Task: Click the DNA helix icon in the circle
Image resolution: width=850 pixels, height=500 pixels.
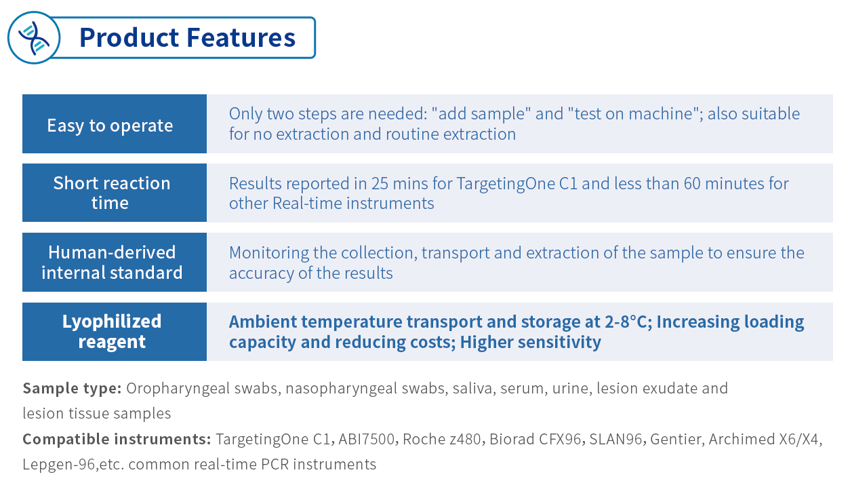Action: click(x=34, y=38)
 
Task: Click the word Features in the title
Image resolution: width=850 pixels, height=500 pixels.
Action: click(x=241, y=37)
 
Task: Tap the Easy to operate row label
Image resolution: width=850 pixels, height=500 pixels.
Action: click(x=110, y=126)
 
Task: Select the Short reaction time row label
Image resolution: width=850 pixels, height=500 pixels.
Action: click(x=112, y=193)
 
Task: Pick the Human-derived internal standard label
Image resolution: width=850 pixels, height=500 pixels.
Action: click(x=112, y=263)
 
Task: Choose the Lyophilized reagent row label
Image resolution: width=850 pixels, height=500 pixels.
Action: click(x=112, y=332)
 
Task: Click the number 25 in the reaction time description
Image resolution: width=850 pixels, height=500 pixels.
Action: click(x=380, y=183)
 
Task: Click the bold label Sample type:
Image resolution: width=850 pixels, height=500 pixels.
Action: click(x=72, y=389)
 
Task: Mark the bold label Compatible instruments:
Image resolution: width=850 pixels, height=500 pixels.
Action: click(x=117, y=439)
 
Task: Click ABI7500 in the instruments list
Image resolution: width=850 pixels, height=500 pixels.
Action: click(x=367, y=439)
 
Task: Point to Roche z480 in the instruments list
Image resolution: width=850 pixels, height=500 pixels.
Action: click(x=442, y=439)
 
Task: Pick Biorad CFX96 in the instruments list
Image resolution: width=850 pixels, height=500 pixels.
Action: click(x=535, y=439)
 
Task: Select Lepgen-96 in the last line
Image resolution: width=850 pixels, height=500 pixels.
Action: click(x=59, y=465)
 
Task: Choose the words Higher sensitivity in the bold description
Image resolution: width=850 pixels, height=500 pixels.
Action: click(x=531, y=343)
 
